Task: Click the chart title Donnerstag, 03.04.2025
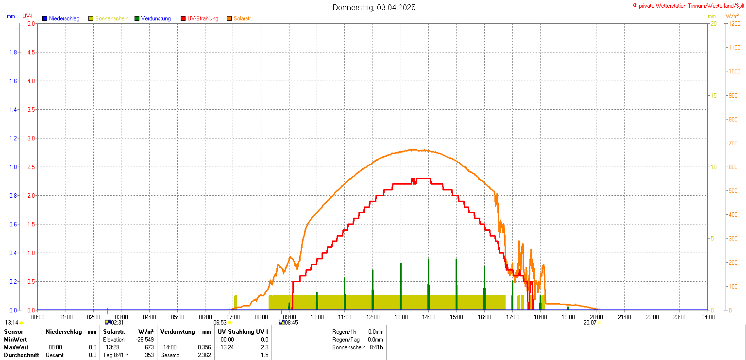click(374, 7)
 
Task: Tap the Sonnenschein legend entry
click(111, 18)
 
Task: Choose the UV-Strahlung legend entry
click(203, 18)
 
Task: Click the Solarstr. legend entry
click(242, 18)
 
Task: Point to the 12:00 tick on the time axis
click(373, 317)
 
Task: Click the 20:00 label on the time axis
click(596, 317)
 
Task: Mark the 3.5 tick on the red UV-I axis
click(30, 109)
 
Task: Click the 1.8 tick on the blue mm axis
click(14, 52)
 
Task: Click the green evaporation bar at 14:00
click(428, 284)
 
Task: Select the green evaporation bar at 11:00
click(344, 293)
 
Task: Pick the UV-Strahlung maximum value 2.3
click(264, 347)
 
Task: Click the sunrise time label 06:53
click(220, 322)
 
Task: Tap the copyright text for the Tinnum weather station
click(688, 5)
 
